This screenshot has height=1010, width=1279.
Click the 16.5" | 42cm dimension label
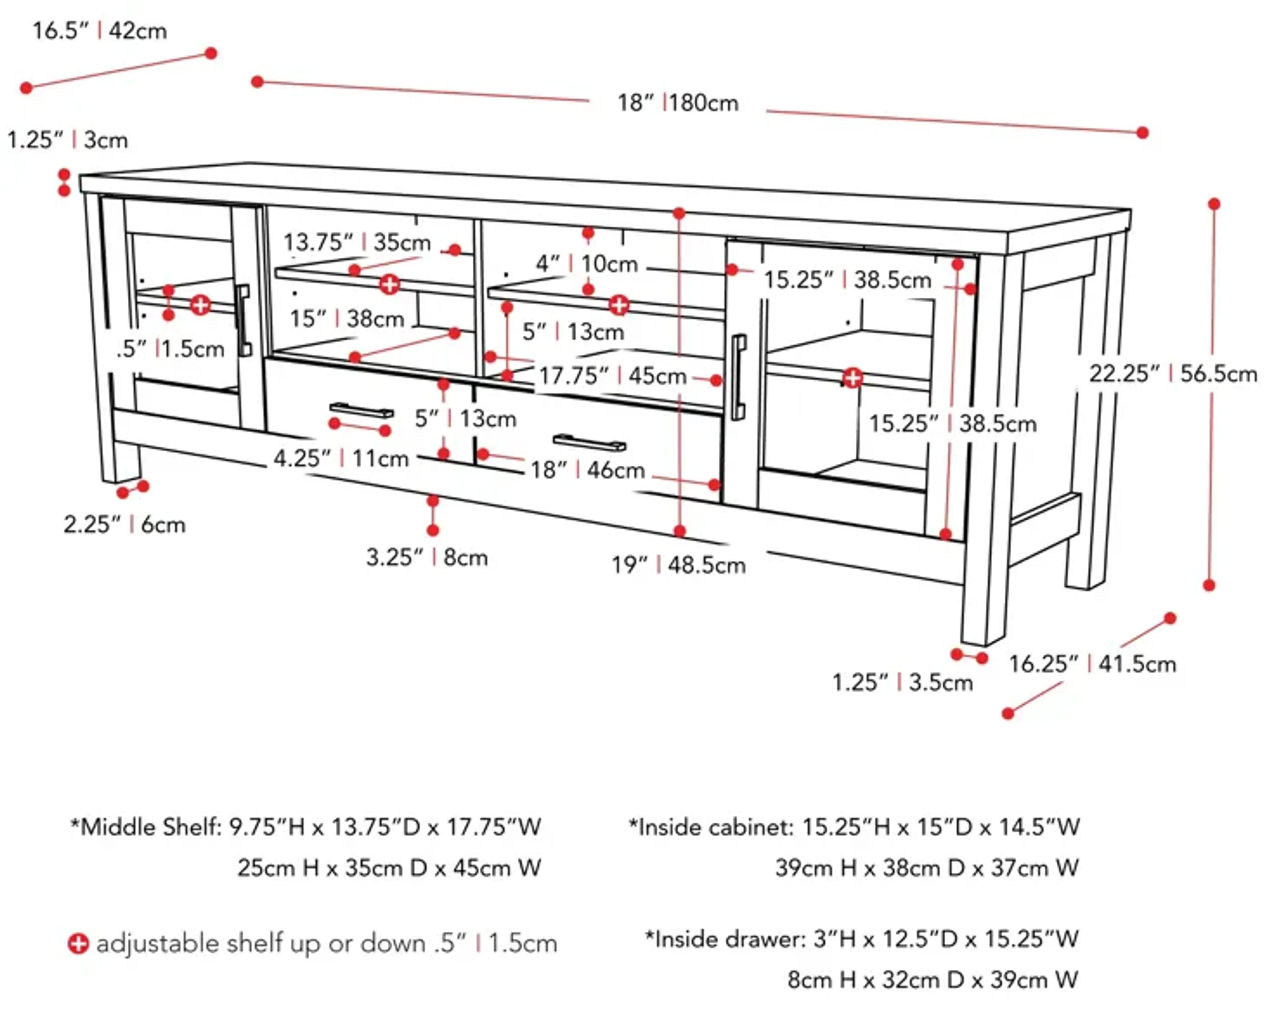[x=99, y=31]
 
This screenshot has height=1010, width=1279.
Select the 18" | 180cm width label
[x=678, y=103]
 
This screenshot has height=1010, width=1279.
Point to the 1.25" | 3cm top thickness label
[x=67, y=140]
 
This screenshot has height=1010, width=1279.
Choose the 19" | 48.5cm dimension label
[x=678, y=565]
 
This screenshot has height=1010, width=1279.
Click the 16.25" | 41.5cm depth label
[x=1092, y=664]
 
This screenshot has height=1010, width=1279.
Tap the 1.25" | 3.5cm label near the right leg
[x=902, y=683]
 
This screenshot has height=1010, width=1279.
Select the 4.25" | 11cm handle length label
[x=341, y=458]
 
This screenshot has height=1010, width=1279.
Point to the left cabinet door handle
[x=243, y=320]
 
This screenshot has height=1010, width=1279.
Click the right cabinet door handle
[x=738, y=377]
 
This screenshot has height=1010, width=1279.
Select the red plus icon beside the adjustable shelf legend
[x=78, y=944]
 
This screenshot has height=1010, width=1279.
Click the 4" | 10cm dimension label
[x=587, y=264]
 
